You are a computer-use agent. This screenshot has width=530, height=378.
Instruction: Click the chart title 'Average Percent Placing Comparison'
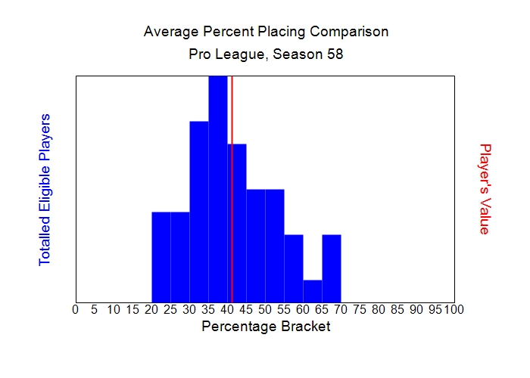tap(266, 32)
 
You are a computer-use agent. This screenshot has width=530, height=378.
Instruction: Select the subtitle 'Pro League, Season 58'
tap(266, 55)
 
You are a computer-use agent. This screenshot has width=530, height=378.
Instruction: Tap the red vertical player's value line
tap(232, 189)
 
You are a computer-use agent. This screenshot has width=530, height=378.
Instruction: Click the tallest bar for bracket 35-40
tap(218, 189)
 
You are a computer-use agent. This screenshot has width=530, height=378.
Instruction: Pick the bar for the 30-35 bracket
tap(199, 212)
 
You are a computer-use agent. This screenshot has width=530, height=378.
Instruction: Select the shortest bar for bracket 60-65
tap(313, 291)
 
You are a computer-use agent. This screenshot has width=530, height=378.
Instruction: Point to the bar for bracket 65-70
tap(332, 268)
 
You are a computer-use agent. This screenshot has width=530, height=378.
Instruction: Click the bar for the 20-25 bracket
tap(161, 257)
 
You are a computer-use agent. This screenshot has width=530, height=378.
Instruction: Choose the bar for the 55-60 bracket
tap(294, 268)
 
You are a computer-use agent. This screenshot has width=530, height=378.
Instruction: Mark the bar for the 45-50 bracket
tap(256, 246)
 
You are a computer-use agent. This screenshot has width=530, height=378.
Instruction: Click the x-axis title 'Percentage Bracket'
tap(266, 327)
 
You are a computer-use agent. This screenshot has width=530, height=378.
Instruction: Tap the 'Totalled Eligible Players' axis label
tap(45, 189)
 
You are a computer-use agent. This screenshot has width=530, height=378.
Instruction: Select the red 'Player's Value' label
tap(485, 189)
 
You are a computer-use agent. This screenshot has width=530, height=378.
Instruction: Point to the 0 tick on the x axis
tap(76, 309)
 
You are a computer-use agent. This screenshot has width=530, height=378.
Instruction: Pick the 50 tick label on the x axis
tap(265, 309)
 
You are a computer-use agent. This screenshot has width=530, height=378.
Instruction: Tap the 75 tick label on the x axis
tap(360, 309)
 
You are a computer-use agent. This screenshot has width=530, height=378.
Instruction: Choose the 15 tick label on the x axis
tap(132, 309)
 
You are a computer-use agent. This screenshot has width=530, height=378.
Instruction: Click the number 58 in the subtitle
tap(335, 55)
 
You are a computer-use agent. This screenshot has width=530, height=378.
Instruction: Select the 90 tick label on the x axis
tap(416, 309)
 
